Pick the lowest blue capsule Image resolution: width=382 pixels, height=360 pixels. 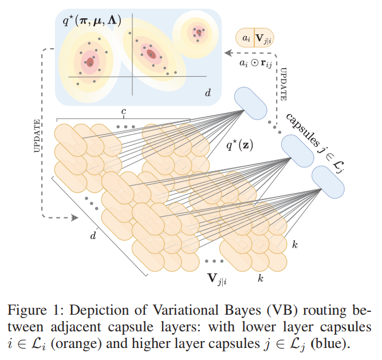coord(328,181)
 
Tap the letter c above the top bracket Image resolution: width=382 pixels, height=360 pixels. coord(123,111)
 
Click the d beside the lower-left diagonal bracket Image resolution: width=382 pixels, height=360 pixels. coord(92,234)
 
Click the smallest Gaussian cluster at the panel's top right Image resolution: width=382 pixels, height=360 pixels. coord(198,32)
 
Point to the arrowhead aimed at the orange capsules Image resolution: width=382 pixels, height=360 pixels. coord(74,218)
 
